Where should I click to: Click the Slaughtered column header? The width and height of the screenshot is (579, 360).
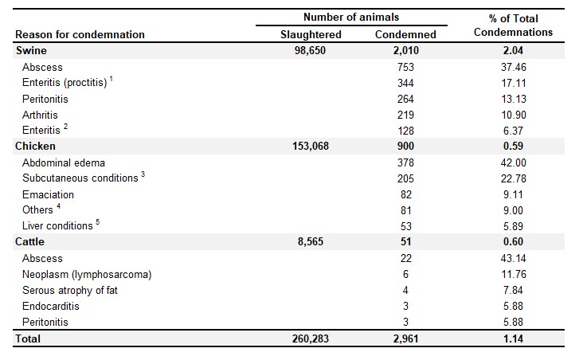(x=311, y=34)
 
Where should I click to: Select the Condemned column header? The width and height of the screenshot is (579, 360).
(x=405, y=34)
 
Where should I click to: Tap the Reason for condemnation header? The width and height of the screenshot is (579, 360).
(x=80, y=34)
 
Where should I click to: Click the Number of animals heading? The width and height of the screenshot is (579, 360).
(x=351, y=17)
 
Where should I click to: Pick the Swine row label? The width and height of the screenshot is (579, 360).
(x=31, y=50)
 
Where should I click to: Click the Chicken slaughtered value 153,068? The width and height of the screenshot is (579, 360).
(x=311, y=146)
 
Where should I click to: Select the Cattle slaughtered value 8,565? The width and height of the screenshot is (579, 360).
(x=311, y=241)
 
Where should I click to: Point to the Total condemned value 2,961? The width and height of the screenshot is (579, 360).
(x=406, y=338)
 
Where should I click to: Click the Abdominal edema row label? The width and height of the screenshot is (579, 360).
(x=64, y=162)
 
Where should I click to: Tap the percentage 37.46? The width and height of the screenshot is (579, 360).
(x=513, y=67)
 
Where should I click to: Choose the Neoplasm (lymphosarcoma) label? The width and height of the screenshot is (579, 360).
(x=87, y=274)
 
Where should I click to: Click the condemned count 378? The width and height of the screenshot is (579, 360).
(x=405, y=162)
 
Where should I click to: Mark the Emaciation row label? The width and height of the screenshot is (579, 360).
(x=48, y=194)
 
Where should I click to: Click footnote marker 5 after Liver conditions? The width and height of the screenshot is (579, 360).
(x=97, y=222)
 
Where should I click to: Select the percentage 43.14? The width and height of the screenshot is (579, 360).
(x=513, y=258)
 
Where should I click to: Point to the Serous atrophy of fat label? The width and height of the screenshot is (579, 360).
(x=70, y=290)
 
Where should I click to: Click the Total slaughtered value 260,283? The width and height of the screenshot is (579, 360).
(x=311, y=338)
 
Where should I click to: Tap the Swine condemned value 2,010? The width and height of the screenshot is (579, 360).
(x=406, y=50)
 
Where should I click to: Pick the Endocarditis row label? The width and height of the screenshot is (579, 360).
(x=51, y=306)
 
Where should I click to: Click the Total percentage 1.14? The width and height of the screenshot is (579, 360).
(x=513, y=338)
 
